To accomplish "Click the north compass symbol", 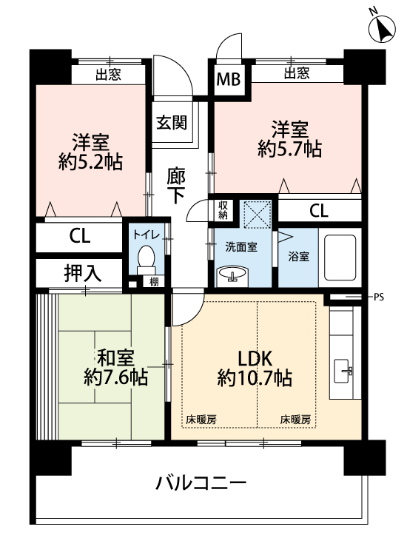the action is coord(382,29).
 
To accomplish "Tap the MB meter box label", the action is coord(228,79).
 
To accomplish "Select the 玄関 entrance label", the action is coord(172,122).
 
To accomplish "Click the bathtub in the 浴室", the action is coord(340,257).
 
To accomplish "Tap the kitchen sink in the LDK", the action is coord(343,371).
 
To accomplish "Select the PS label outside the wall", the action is coord(378,297).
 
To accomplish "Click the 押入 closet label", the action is coord(83,273).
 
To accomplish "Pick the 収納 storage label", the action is coord(223,210).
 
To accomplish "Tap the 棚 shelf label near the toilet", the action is coord(154,282).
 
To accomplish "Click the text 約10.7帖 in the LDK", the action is coord(255,377).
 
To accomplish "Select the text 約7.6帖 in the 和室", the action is coord(115,377).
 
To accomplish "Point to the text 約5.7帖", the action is coord(289,149).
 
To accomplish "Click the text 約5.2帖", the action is coord(90,162).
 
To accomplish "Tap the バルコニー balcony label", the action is coord(201,483).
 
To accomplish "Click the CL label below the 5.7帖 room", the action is coord(319,211).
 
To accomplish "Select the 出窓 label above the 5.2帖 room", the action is coord(108,74).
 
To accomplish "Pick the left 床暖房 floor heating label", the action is coord(201,420).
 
